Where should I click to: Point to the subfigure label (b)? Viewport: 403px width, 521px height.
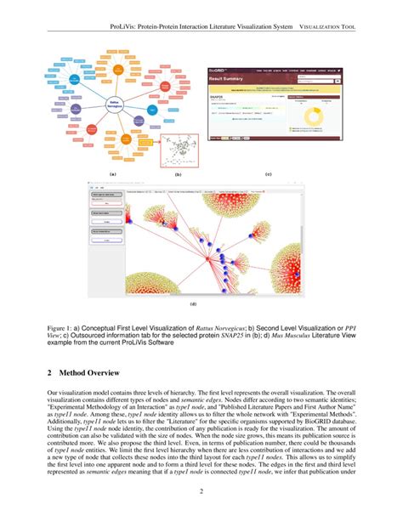click(178, 173)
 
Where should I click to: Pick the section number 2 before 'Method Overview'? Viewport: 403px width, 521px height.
click(50, 373)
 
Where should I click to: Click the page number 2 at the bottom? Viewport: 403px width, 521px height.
click(201, 491)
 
